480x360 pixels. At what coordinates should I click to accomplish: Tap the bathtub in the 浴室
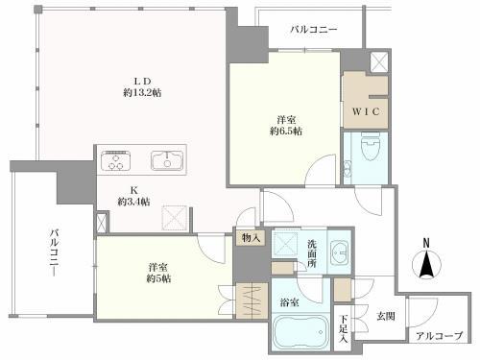(300, 332)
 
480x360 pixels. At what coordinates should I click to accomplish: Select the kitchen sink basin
(167, 160)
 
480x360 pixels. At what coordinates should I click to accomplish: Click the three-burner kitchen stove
(115, 160)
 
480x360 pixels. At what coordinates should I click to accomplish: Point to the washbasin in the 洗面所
(340, 252)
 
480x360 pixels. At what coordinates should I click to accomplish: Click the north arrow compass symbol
(426, 265)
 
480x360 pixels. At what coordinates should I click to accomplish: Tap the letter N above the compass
(426, 243)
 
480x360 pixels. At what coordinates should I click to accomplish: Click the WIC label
(366, 111)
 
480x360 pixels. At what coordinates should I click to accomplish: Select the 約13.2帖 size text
(142, 93)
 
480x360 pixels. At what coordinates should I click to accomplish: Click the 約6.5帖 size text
(286, 132)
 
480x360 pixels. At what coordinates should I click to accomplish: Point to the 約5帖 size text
(158, 278)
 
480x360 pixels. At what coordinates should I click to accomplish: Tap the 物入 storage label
(251, 238)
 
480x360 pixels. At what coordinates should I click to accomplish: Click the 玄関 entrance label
(386, 316)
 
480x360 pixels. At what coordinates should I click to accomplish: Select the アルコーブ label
(439, 336)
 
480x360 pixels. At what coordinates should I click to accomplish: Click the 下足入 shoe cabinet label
(343, 329)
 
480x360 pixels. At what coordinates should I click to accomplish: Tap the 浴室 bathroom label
(290, 302)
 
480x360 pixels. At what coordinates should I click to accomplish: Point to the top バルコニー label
(314, 30)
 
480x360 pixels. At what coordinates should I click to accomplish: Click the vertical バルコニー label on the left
(54, 252)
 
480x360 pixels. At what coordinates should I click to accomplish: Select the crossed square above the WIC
(379, 61)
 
